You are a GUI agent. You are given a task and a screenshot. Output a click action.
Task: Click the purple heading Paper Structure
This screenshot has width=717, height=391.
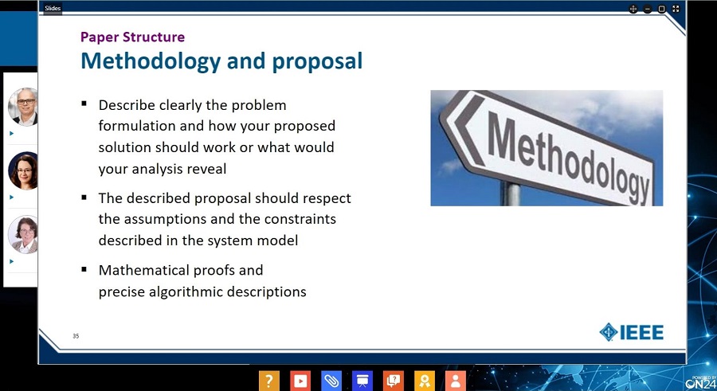[x=132, y=37]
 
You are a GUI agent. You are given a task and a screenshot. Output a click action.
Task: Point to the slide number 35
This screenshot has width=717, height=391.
[x=76, y=336]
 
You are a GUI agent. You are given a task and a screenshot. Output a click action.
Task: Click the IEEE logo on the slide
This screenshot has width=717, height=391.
[x=632, y=332]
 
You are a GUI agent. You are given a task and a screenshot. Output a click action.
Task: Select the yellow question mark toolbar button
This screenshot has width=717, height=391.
[x=269, y=381]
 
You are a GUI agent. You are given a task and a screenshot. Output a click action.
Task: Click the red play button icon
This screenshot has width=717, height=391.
[x=300, y=381]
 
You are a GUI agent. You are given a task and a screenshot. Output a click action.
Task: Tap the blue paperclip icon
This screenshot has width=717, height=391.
[x=331, y=381]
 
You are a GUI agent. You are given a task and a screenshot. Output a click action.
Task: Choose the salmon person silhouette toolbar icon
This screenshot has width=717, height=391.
[x=456, y=381]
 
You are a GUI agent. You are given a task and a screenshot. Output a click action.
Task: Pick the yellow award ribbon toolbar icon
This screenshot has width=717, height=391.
[x=425, y=381]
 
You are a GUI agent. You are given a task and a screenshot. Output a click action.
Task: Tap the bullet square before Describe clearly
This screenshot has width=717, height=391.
[x=84, y=104]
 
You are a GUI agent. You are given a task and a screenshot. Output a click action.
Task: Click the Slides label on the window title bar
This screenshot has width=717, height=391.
[x=53, y=8]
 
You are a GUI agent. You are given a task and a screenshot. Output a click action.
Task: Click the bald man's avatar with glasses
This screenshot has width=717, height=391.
[x=23, y=107]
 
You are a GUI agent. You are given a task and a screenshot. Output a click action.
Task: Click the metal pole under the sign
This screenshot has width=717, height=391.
[x=511, y=194]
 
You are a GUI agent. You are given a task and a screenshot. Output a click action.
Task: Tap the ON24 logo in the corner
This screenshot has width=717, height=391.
[x=700, y=382]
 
